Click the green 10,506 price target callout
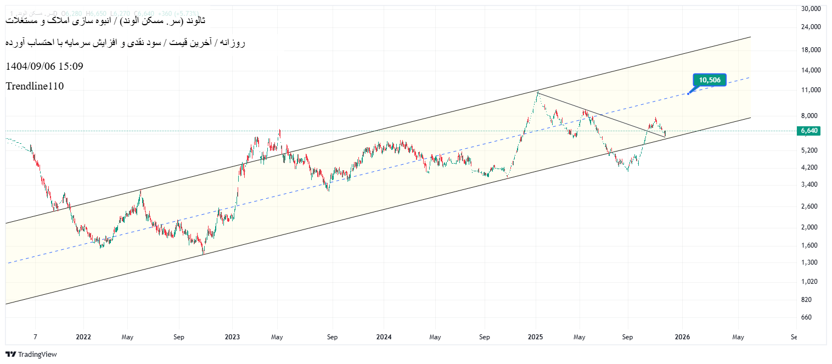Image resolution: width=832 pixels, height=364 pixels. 710,80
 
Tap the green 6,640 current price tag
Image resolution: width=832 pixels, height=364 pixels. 809,131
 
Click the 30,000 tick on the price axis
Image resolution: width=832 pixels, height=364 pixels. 811,9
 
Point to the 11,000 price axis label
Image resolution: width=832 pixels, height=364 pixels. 811,90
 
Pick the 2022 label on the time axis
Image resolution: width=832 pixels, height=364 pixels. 83,337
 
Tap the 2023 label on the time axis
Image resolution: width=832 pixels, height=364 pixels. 232,337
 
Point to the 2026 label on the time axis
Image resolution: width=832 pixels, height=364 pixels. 682,337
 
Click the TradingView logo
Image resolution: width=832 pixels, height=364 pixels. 31,355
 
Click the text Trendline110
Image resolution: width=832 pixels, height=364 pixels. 35,86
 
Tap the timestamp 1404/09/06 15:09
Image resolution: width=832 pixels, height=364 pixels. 44,66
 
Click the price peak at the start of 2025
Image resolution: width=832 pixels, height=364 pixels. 537,92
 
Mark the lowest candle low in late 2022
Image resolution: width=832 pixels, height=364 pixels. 203,254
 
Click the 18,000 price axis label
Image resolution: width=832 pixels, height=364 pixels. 811,50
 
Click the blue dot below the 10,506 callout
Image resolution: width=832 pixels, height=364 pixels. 688,94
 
